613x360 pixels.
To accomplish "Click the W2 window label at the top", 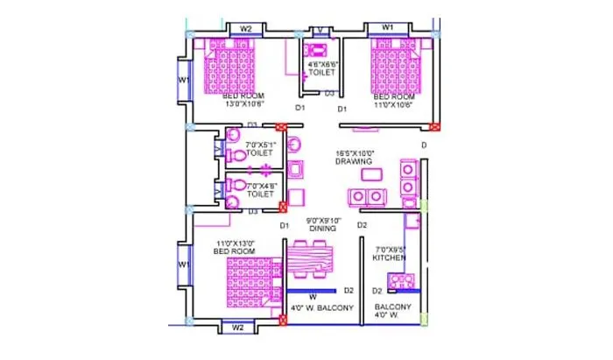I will coord(246,29).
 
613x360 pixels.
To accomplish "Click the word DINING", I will coord(321,229).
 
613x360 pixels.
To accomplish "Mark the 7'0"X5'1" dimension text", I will coord(260,143).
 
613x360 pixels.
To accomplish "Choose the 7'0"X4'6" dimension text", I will coord(260,186).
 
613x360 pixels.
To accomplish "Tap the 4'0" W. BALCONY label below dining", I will coord(322,308).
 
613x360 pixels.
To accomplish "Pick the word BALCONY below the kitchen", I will coord(391,307).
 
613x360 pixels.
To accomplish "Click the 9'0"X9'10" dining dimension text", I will coord(321,221).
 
